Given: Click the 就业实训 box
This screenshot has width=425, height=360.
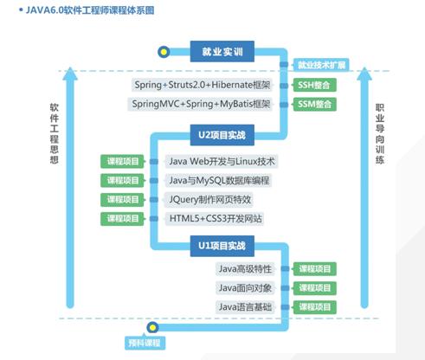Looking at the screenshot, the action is (x=222, y=51).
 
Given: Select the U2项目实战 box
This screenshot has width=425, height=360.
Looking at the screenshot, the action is (x=222, y=135).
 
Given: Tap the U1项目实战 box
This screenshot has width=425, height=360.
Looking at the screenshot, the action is (x=222, y=246).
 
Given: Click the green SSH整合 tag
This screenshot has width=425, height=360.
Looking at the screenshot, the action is (x=314, y=85).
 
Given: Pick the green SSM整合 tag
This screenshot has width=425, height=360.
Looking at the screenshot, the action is (x=314, y=105).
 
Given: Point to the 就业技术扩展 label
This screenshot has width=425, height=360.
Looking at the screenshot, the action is (x=321, y=65).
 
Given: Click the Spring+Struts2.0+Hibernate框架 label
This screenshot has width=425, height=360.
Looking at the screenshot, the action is (x=202, y=85).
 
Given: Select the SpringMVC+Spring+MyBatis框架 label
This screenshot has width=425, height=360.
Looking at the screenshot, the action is (x=200, y=104).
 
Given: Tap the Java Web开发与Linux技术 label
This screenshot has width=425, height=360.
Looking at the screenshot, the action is (x=222, y=161).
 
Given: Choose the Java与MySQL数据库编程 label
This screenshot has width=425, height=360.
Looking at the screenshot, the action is (x=218, y=181).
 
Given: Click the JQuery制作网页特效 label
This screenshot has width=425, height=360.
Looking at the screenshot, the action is (x=209, y=200).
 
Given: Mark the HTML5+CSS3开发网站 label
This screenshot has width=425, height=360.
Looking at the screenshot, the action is (x=215, y=219).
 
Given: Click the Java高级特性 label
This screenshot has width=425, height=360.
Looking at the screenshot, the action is (x=245, y=269).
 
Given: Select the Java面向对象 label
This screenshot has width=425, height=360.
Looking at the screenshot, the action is (x=245, y=288).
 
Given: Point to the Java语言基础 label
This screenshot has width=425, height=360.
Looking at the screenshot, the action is (x=245, y=307).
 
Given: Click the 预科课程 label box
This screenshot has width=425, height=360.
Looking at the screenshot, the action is (x=145, y=343).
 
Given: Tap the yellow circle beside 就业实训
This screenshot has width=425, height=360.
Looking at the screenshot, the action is (x=164, y=52).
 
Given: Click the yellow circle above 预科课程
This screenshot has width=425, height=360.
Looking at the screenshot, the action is (x=152, y=327).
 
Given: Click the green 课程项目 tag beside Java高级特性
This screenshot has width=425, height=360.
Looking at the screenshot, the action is (x=315, y=269).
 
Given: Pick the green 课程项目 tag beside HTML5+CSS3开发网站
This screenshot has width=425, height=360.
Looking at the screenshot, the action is (x=122, y=219).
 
